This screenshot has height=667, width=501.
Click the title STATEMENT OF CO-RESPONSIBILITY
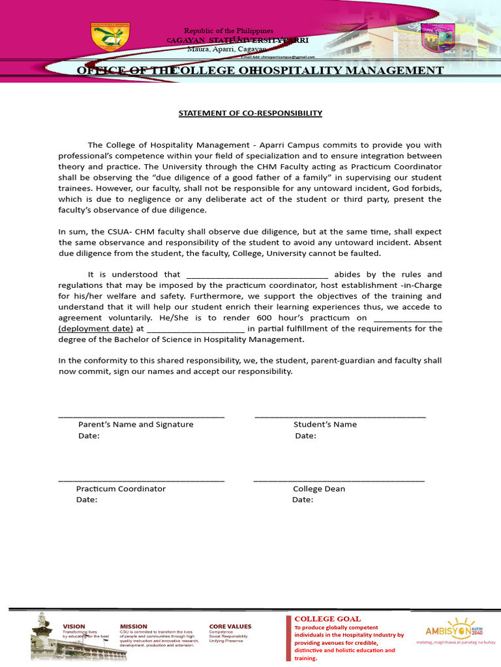click(250, 113)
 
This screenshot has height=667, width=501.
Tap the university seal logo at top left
click(110, 37)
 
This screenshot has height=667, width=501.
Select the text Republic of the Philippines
click(228, 31)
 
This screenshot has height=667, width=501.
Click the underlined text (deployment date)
click(95, 329)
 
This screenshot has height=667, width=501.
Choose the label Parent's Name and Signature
click(136, 424)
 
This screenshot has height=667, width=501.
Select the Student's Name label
click(325, 424)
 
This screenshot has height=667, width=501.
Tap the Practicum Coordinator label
click(121, 489)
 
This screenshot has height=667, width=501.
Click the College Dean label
click(319, 489)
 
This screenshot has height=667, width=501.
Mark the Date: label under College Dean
click(303, 500)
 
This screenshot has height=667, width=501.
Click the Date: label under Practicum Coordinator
click(87, 500)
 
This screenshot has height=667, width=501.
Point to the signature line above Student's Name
click(340, 416)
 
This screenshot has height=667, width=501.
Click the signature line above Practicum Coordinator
click(142, 480)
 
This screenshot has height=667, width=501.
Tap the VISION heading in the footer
click(74, 627)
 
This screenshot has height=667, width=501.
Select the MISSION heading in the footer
click(133, 627)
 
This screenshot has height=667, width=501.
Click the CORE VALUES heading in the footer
click(230, 627)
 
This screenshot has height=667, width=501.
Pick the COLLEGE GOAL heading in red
click(327, 619)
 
